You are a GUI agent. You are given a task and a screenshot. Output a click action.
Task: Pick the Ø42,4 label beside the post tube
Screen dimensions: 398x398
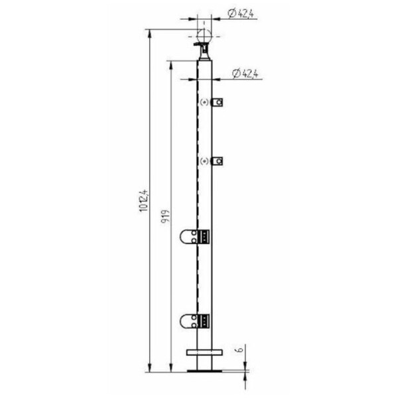(x=247, y=74)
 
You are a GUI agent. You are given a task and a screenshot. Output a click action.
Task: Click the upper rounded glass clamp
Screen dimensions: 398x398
(x=190, y=235)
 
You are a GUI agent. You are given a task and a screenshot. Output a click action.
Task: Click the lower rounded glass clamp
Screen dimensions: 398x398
(x=190, y=322)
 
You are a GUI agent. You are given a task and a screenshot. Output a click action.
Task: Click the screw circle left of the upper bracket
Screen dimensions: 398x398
(x=205, y=103)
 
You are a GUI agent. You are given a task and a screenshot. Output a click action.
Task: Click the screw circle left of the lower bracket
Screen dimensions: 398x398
(x=205, y=161)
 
